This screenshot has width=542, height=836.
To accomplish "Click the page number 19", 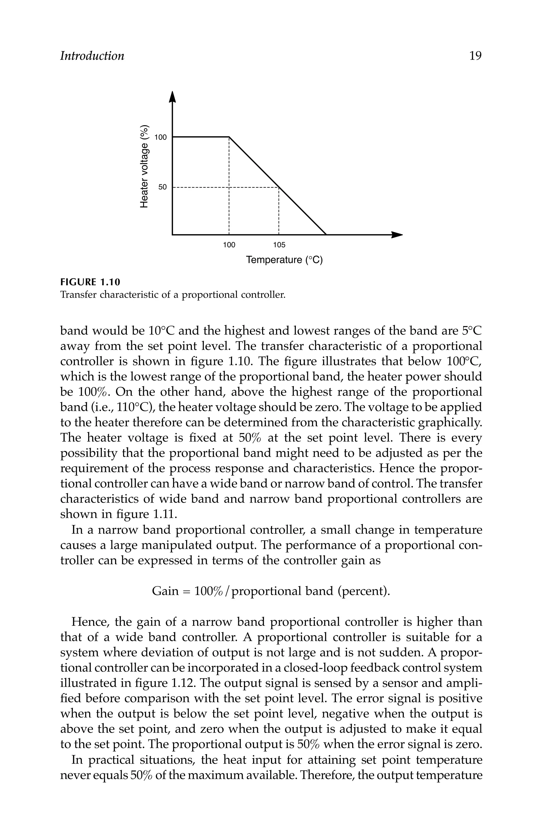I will pyautogui.click(x=475, y=56).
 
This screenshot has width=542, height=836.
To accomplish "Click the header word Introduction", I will pyautogui.click(x=92, y=56).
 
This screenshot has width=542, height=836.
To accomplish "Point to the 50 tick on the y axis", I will pyautogui.click(x=162, y=187).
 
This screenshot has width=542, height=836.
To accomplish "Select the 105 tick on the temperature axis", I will pyautogui.click(x=279, y=245).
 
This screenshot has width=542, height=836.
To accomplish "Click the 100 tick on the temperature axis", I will pyautogui.click(x=229, y=245).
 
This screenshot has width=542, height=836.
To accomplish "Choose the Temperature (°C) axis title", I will pyautogui.click(x=284, y=260).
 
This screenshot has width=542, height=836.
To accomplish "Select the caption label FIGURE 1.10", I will pyautogui.click(x=90, y=282).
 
